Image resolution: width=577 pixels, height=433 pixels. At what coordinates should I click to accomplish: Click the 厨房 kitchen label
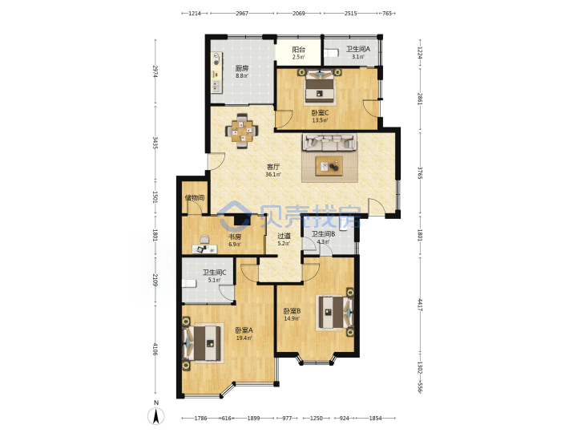click(242, 68)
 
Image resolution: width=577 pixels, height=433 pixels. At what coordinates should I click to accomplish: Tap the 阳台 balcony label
click(298, 50)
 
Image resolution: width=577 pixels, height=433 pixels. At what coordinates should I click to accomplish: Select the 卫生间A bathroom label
click(358, 49)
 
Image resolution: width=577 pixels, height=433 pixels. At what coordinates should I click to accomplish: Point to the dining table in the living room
click(242, 131)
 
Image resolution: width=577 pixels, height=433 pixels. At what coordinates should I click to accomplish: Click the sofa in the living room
click(329, 142)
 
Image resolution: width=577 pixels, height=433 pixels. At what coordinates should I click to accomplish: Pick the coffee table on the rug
click(329, 167)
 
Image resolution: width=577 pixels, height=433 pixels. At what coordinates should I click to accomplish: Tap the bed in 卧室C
click(320, 87)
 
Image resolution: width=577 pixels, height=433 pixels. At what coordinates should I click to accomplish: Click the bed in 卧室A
click(204, 343)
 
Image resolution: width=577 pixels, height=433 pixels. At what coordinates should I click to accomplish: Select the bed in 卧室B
click(334, 313)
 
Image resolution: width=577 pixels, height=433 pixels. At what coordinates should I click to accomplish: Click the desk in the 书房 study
click(204, 249)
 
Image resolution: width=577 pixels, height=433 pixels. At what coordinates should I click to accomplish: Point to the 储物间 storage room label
click(195, 198)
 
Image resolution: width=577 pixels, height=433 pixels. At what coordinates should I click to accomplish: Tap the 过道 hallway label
click(284, 236)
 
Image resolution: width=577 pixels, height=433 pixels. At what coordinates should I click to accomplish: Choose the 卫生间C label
click(214, 273)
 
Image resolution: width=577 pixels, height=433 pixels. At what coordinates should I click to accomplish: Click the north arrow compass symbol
click(156, 416)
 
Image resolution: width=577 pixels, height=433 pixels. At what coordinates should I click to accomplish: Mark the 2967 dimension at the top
click(242, 14)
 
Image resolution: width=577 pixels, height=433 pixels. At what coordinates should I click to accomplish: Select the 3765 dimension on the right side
click(420, 172)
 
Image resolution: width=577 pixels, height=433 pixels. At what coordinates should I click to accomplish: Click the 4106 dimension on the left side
click(155, 349)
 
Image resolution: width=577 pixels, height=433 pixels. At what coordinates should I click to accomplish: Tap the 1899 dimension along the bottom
click(253, 418)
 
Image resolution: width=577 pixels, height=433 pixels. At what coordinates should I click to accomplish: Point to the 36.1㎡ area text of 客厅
click(273, 175)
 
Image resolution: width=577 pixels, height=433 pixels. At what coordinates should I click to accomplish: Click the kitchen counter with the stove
click(216, 72)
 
